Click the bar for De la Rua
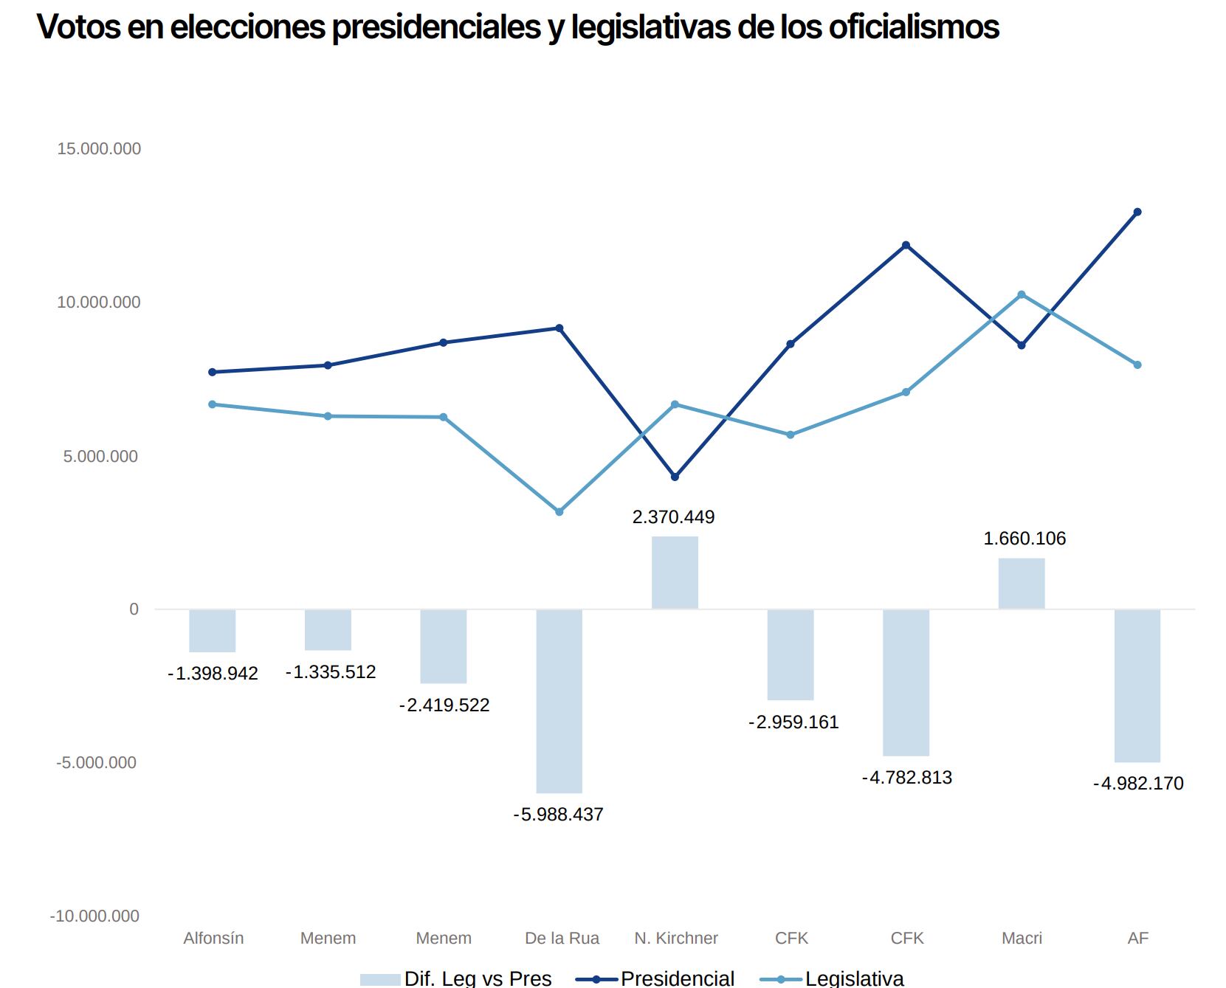click(559, 701)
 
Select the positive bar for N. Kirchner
click(675, 573)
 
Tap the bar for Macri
click(1022, 584)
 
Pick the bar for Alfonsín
click(213, 631)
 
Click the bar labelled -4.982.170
click(1137, 685)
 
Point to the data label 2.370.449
click(673, 517)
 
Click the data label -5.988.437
click(558, 815)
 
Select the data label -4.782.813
click(906, 778)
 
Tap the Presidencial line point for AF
click(1137, 213)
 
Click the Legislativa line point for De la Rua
click(559, 511)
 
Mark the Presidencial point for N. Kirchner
click(675, 477)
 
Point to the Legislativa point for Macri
click(1022, 295)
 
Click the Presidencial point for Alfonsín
click(213, 372)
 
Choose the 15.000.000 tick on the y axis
click(99, 149)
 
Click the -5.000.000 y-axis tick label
click(97, 763)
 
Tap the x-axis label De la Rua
click(562, 939)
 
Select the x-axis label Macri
click(1022, 939)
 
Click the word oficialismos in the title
click(913, 27)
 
